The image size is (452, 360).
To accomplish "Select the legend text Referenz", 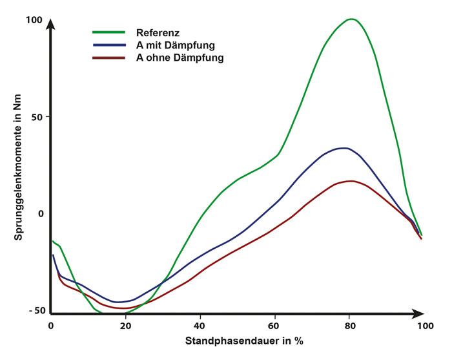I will tap(158, 32).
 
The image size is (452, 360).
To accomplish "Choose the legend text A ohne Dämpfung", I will tap(180, 58).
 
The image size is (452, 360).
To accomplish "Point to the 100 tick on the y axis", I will tap(34, 20).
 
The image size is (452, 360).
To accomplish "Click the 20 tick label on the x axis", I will tap(126, 326).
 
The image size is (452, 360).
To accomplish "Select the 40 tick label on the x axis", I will tap(200, 326).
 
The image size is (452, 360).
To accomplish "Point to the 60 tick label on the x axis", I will tap(274, 326).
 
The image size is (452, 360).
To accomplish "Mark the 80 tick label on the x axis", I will tap(349, 326).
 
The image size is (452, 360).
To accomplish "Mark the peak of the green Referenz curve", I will tap(351, 19).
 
